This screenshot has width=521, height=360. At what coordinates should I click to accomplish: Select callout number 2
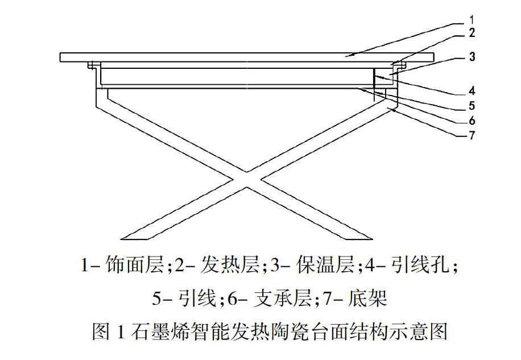[x=472, y=33]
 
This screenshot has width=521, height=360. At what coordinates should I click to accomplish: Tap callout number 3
[x=472, y=57]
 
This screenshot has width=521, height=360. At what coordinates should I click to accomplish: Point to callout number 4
[x=472, y=90]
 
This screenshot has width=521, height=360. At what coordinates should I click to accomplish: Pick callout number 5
[x=472, y=106]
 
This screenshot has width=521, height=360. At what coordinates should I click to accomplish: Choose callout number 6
[x=472, y=120]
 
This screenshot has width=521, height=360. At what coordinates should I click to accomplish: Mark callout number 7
[x=472, y=135]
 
